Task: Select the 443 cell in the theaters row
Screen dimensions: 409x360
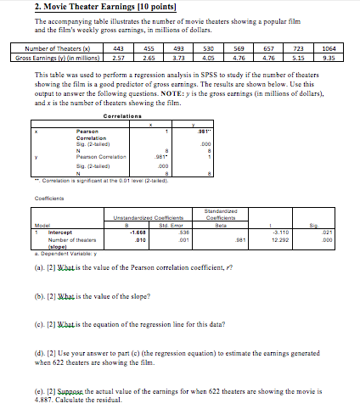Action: tap(120, 49)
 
